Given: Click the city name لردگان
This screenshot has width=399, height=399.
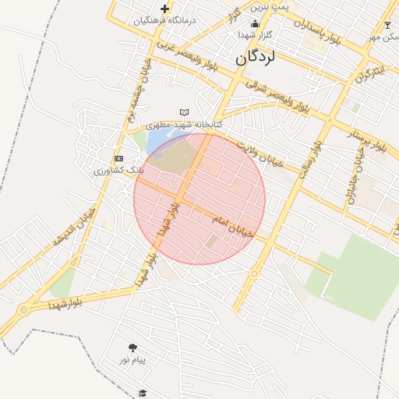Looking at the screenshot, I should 256,58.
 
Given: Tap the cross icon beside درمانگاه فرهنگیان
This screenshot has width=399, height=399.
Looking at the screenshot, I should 164,9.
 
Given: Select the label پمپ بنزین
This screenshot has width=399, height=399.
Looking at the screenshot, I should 270,5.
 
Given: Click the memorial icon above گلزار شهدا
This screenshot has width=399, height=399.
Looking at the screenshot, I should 256,23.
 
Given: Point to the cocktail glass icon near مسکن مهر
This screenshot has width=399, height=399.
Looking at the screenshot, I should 387,25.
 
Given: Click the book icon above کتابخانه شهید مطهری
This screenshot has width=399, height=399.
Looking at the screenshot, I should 184,112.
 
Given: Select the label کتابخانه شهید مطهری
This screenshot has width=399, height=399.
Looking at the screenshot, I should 184,125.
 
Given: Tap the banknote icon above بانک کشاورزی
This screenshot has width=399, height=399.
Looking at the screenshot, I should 118,158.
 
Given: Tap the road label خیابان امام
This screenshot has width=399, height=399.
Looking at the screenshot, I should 233,228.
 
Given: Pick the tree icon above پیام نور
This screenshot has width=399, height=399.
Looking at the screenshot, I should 132,348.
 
